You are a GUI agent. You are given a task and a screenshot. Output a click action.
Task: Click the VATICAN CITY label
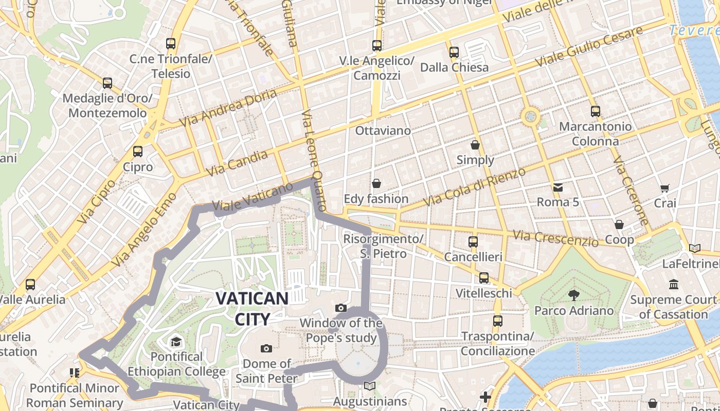pos(251,308)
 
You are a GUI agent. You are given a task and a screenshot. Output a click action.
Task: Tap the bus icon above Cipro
pos(137,151)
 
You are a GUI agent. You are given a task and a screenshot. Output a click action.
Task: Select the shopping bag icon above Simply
pos(475,145)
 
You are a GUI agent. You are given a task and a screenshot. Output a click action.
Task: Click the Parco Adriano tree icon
pos(573,295)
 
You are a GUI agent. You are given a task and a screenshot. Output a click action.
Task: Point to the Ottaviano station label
pos(383,130)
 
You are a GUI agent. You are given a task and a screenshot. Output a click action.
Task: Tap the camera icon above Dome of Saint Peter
pos(266,348)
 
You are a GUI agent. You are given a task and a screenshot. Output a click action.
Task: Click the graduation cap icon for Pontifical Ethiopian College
pos(176,342)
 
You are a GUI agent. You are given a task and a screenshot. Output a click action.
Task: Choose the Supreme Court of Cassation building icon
pos(673,284)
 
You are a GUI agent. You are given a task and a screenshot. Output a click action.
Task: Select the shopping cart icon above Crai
pos(664,188)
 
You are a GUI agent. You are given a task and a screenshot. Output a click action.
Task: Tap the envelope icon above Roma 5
pos(557,187)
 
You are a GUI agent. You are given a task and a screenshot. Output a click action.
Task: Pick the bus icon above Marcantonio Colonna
pos(595,111)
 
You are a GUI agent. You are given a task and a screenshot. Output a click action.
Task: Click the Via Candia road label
pos(237,163)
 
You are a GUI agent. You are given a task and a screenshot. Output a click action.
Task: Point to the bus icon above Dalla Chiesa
pos(454,52)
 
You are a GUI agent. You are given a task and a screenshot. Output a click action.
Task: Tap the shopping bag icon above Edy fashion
pos(376,183)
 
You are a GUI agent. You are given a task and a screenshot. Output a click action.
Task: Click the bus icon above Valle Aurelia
pos(30,284)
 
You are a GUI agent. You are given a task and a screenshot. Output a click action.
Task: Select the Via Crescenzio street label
pos(555,238)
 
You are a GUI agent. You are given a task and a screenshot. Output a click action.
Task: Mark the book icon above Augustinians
pos(370,386)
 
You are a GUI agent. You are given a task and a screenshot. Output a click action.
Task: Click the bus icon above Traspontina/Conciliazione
pos(497,321)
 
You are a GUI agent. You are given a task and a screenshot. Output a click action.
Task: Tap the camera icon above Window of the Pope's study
pos(340,308)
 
